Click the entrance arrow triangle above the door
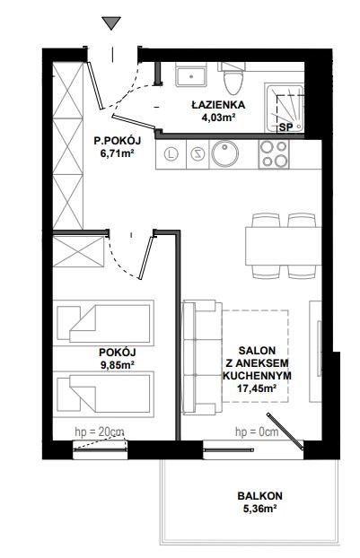[111, 22]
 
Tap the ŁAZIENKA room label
[218, 105]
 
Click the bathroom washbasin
[191, 74]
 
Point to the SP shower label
[285, 127]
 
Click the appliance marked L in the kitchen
[172, 154]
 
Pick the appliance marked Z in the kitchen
[197, 154]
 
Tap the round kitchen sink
[224, 154]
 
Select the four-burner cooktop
[274, 154]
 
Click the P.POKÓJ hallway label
[118, 141]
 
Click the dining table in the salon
[284, 246]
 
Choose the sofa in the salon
[201, 357]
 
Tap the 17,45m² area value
[257, 388]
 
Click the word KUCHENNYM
[257, 376]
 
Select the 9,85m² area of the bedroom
[117, 365]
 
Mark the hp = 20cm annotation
[100, 432]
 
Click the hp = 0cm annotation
[257, 432]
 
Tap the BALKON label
[260, 496]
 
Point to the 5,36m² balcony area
[260, 509]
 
